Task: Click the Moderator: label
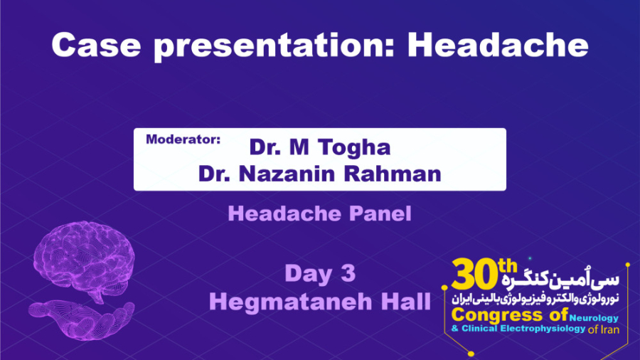pos(183,139)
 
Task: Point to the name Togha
pos(355,147)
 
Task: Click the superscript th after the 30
pos(507,265)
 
